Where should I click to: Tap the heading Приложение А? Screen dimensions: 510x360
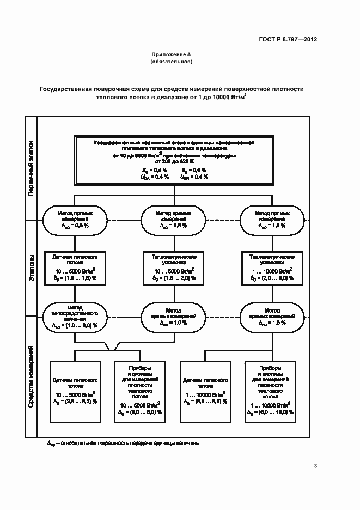point(171,54)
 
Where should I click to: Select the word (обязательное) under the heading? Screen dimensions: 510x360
point(171,62)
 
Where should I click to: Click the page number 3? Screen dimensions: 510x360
point(316,465)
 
